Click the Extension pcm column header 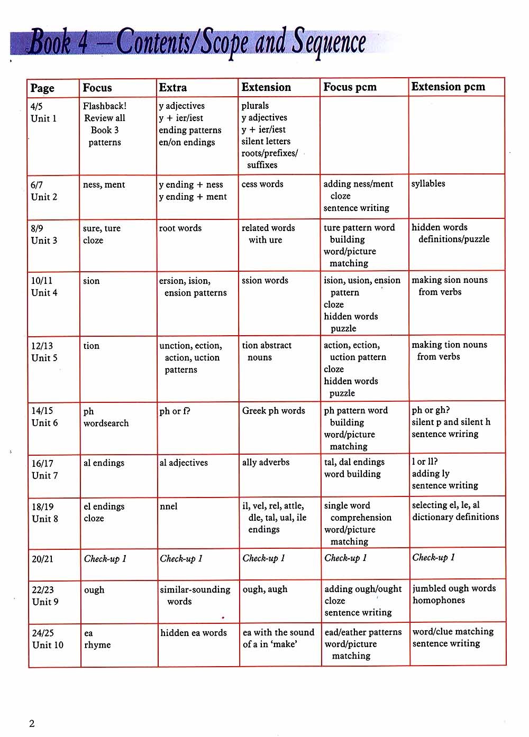click(448, 87)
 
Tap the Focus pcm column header click(350, 87)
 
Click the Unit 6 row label click(45, 422)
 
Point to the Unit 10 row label click(48, 645)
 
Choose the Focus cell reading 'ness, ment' click(104, 185)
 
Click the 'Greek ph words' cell click(273, 411)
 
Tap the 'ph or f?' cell click(175, 411)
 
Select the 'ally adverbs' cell click(266, 462)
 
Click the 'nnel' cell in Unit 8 click(169, 506)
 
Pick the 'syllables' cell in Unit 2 click(428, 183)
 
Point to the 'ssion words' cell click(265, 280)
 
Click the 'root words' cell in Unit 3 click(180, 228)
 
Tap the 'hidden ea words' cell click(194, 632)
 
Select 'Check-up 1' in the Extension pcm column click(434, 557)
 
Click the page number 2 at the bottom click(32, 724)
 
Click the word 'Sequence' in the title click(329, 42)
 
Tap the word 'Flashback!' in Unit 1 click(105, 106)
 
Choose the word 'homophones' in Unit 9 click(439, 600)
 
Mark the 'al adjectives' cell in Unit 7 click(184, 463)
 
